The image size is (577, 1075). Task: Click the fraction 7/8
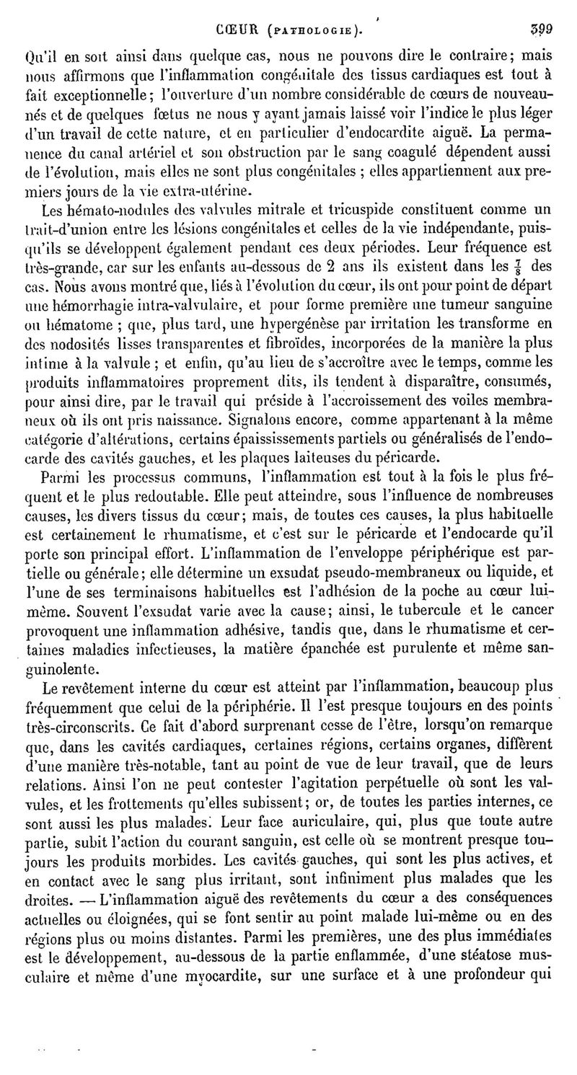point(519,269)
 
